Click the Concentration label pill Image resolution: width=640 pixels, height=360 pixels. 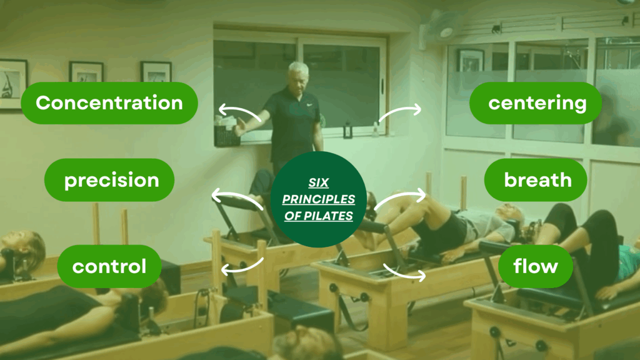click(109, 103)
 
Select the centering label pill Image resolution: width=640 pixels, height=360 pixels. click(536, 103)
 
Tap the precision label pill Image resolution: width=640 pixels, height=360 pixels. click(109, 180)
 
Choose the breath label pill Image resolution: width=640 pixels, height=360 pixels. click(536, 180)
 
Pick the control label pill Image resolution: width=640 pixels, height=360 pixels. click(109, 266)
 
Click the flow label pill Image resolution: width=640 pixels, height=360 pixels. click(536, 266)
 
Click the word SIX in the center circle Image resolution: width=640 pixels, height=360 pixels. click(318, 183)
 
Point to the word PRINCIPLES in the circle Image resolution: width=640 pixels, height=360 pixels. click(318, 199)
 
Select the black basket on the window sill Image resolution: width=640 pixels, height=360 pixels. click(226, 135)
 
